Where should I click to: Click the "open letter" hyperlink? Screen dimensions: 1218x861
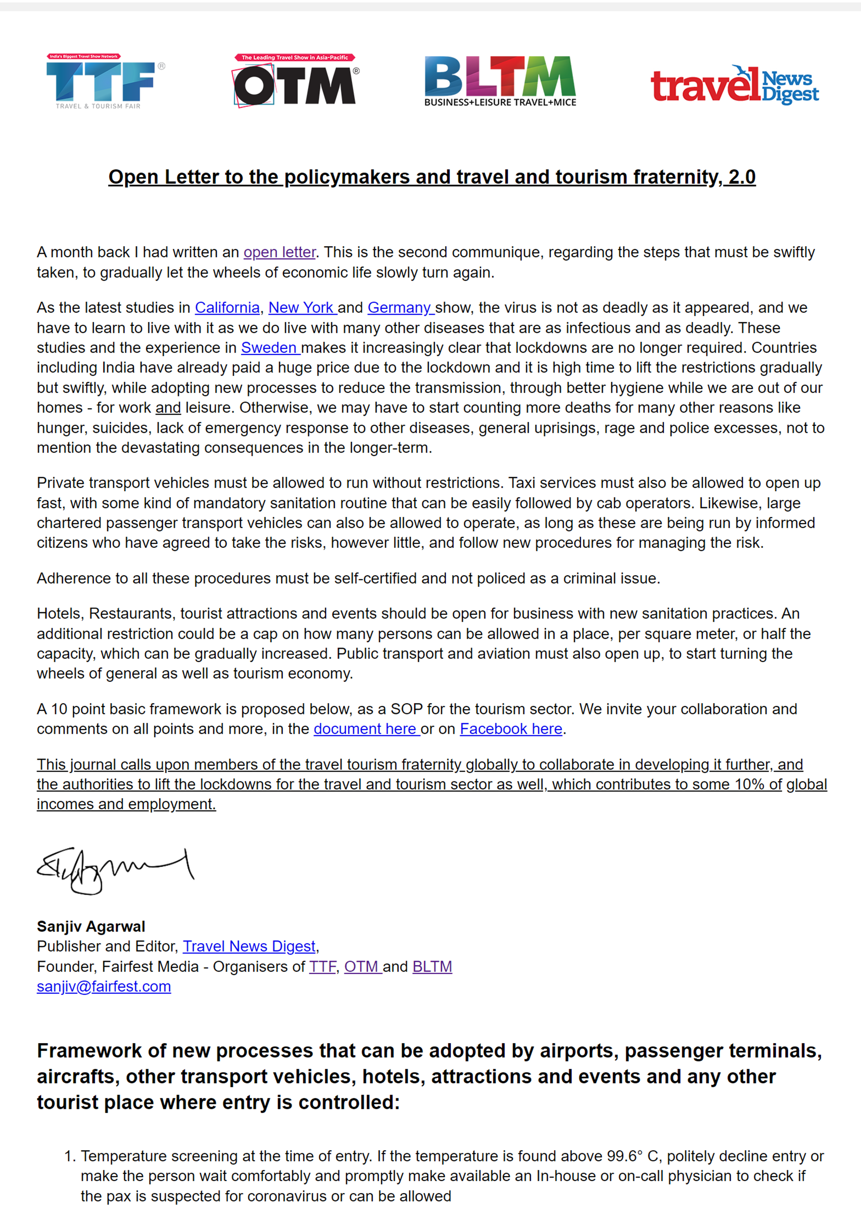[279, 252]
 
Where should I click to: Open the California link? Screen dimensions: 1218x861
[227, 308]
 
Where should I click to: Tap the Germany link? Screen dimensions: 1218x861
[400, 308]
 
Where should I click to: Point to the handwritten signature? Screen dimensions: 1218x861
[115, 870]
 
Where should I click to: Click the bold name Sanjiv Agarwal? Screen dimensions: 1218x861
[91, 926]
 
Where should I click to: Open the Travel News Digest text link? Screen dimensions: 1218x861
[249, 946]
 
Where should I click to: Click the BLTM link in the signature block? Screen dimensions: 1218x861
[432, 967]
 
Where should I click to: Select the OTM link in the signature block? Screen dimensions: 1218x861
[361, 967]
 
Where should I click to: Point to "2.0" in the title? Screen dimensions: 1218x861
[742, 177]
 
